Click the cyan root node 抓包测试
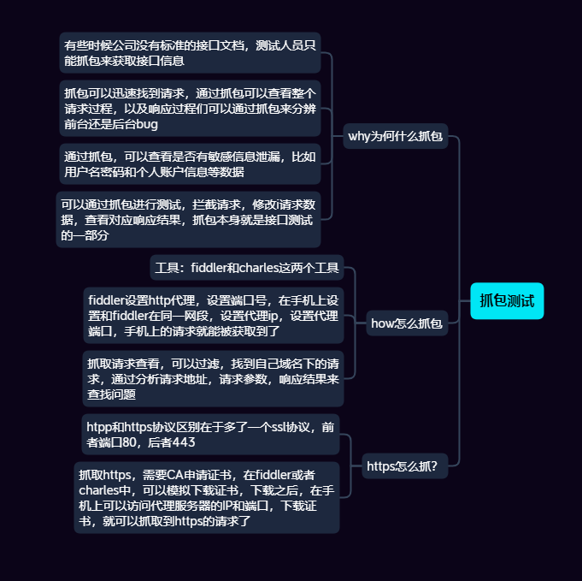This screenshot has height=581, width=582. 507,300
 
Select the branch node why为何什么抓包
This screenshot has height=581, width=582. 397,135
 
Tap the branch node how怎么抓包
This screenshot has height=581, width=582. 407,323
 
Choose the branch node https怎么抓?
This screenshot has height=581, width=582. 402,465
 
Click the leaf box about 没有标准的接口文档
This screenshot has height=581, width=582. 190,52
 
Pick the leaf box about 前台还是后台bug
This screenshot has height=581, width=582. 190,108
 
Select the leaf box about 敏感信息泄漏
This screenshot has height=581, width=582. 190,164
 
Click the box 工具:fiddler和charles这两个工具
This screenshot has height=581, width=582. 247,268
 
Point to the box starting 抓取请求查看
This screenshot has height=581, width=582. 213,377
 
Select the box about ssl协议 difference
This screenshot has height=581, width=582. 210,434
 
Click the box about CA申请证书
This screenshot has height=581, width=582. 206,497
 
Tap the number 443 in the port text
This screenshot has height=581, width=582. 184,442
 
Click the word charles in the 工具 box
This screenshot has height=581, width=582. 279,268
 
